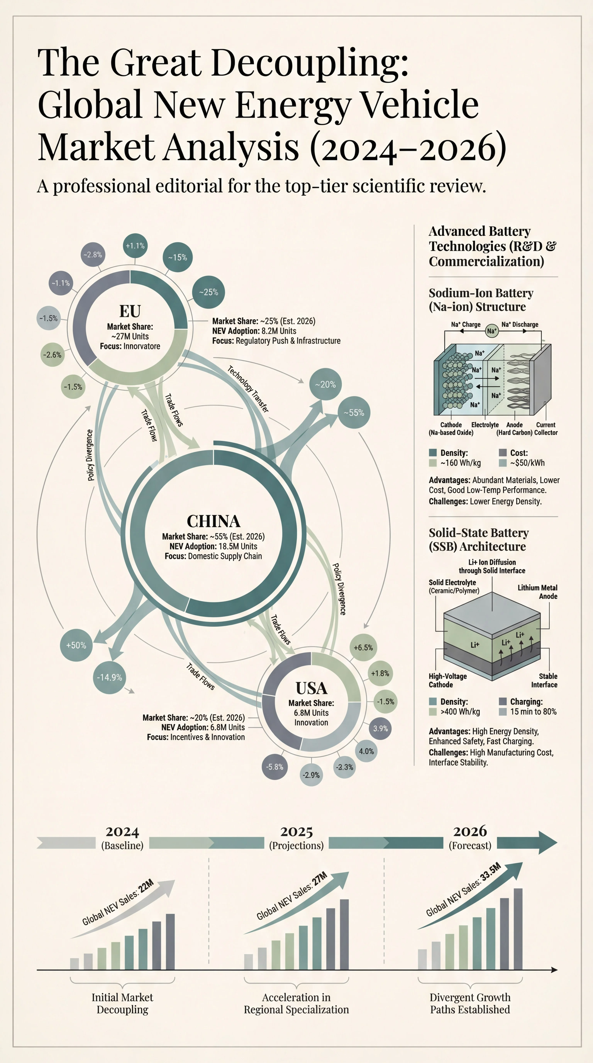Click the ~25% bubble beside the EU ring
(x=209, y=292)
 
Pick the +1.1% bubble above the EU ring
(x=135, y=245)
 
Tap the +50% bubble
(x=76, y=645)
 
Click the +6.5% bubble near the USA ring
(x=363, y=647)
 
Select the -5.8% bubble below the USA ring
(x=275, y=767)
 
